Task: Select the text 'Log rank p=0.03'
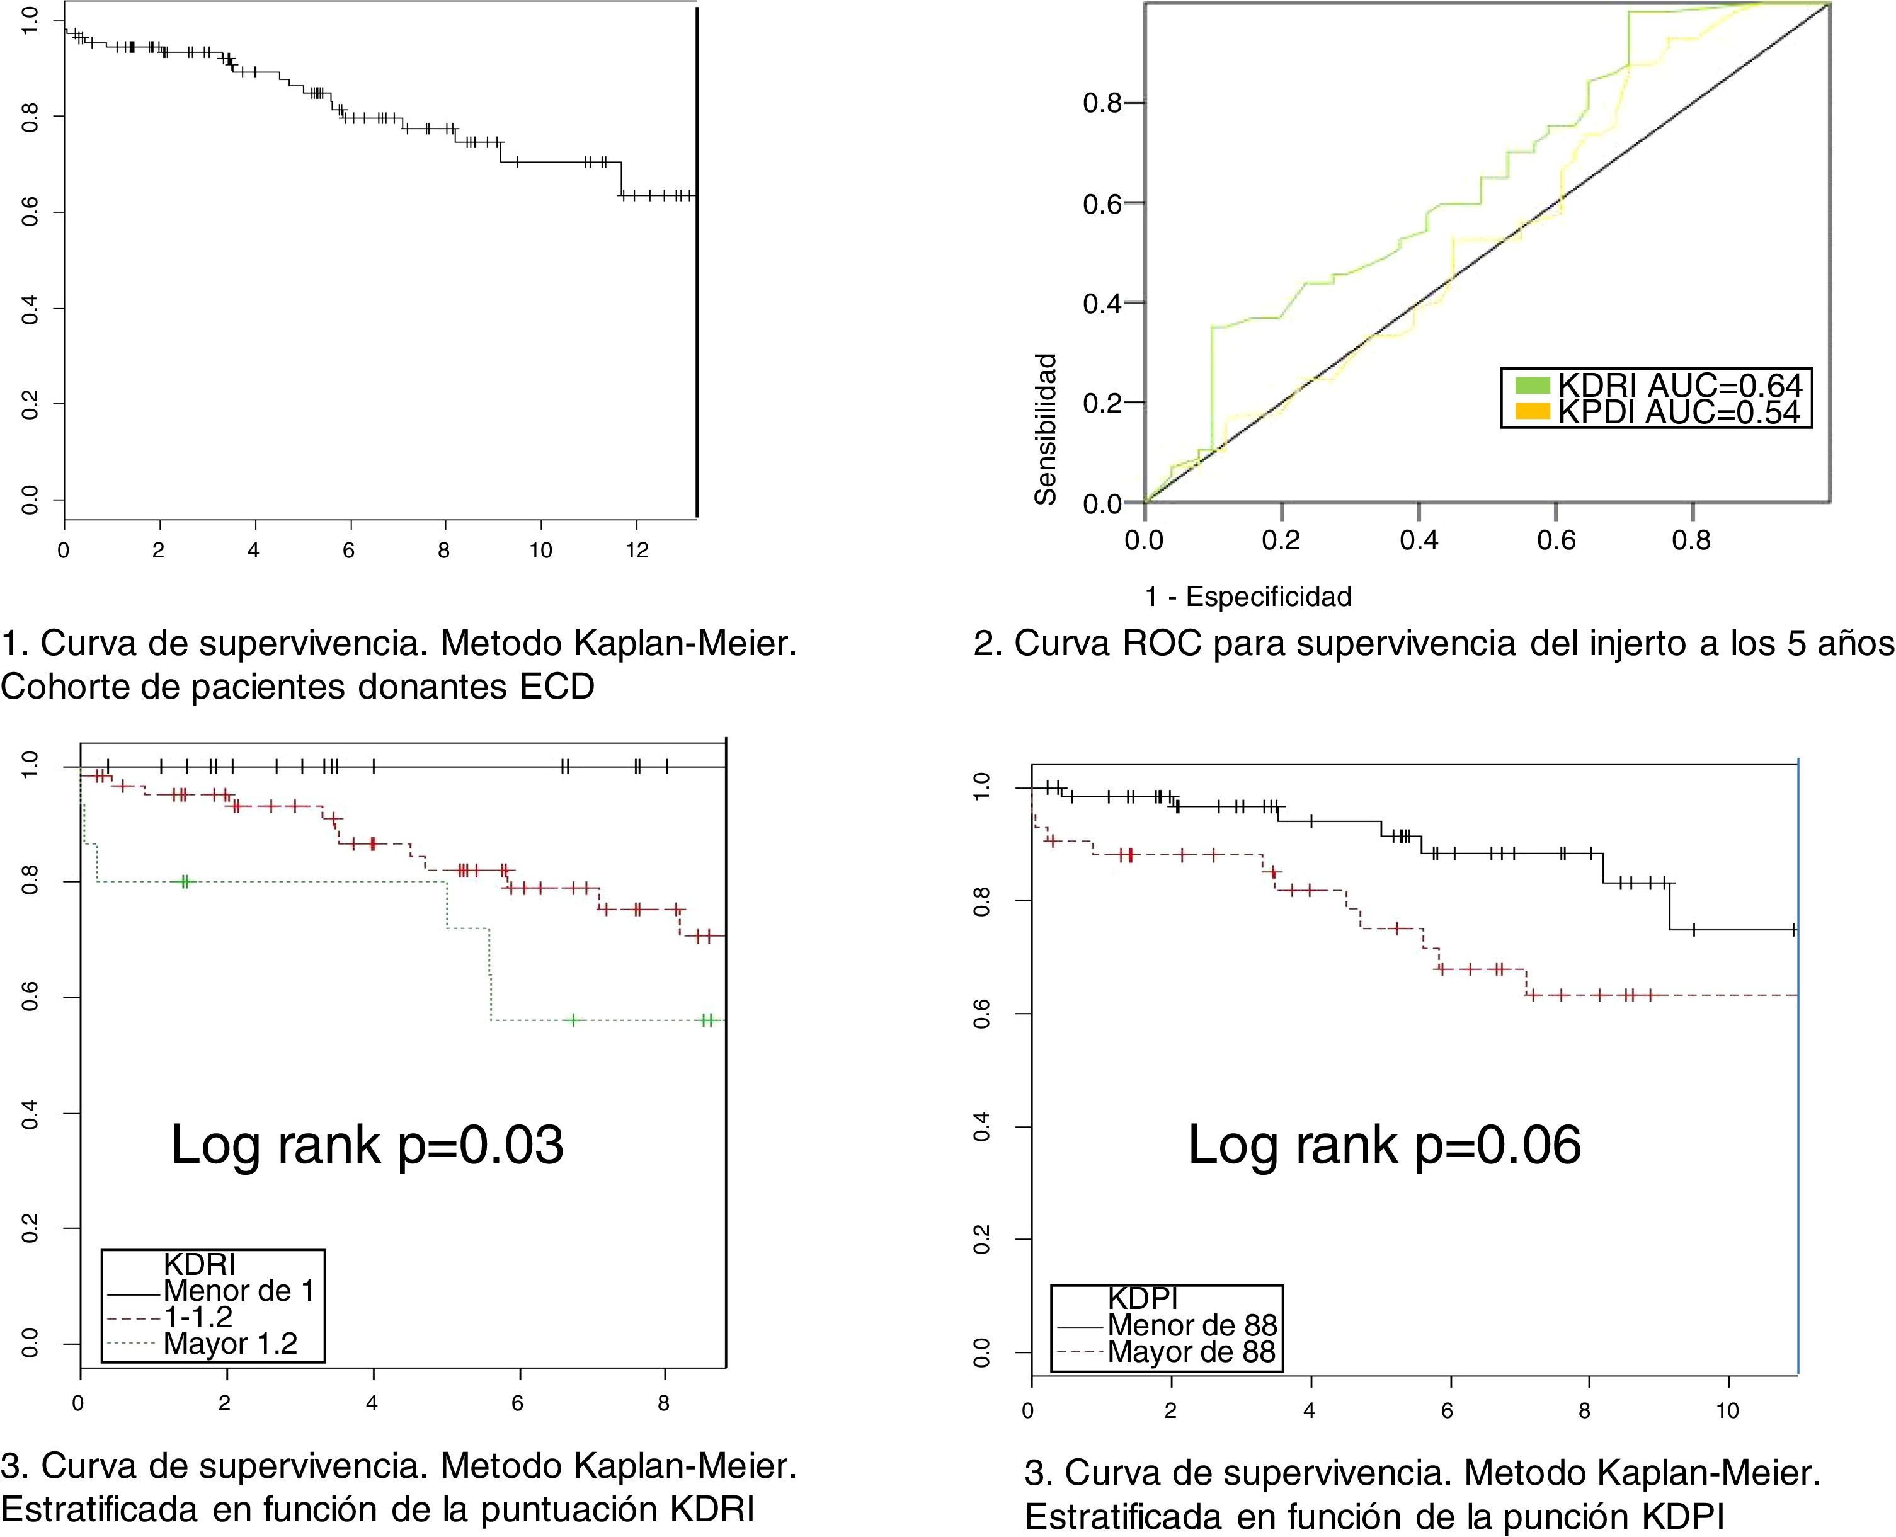click(367, 1145)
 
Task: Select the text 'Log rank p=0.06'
click(1383, 1145)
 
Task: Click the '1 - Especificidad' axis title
click(1248, 597)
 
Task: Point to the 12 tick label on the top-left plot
click(636, 551)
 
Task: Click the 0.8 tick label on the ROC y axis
click(1102, 103)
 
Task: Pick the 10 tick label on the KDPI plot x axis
click(1727, 1411)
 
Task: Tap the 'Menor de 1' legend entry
click(239, 1291)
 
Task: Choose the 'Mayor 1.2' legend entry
click(230, 1344)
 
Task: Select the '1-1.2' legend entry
click(198, 1317)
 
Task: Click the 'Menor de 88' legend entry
click(1191, 1325)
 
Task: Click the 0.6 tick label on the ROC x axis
click(1555, 540)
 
